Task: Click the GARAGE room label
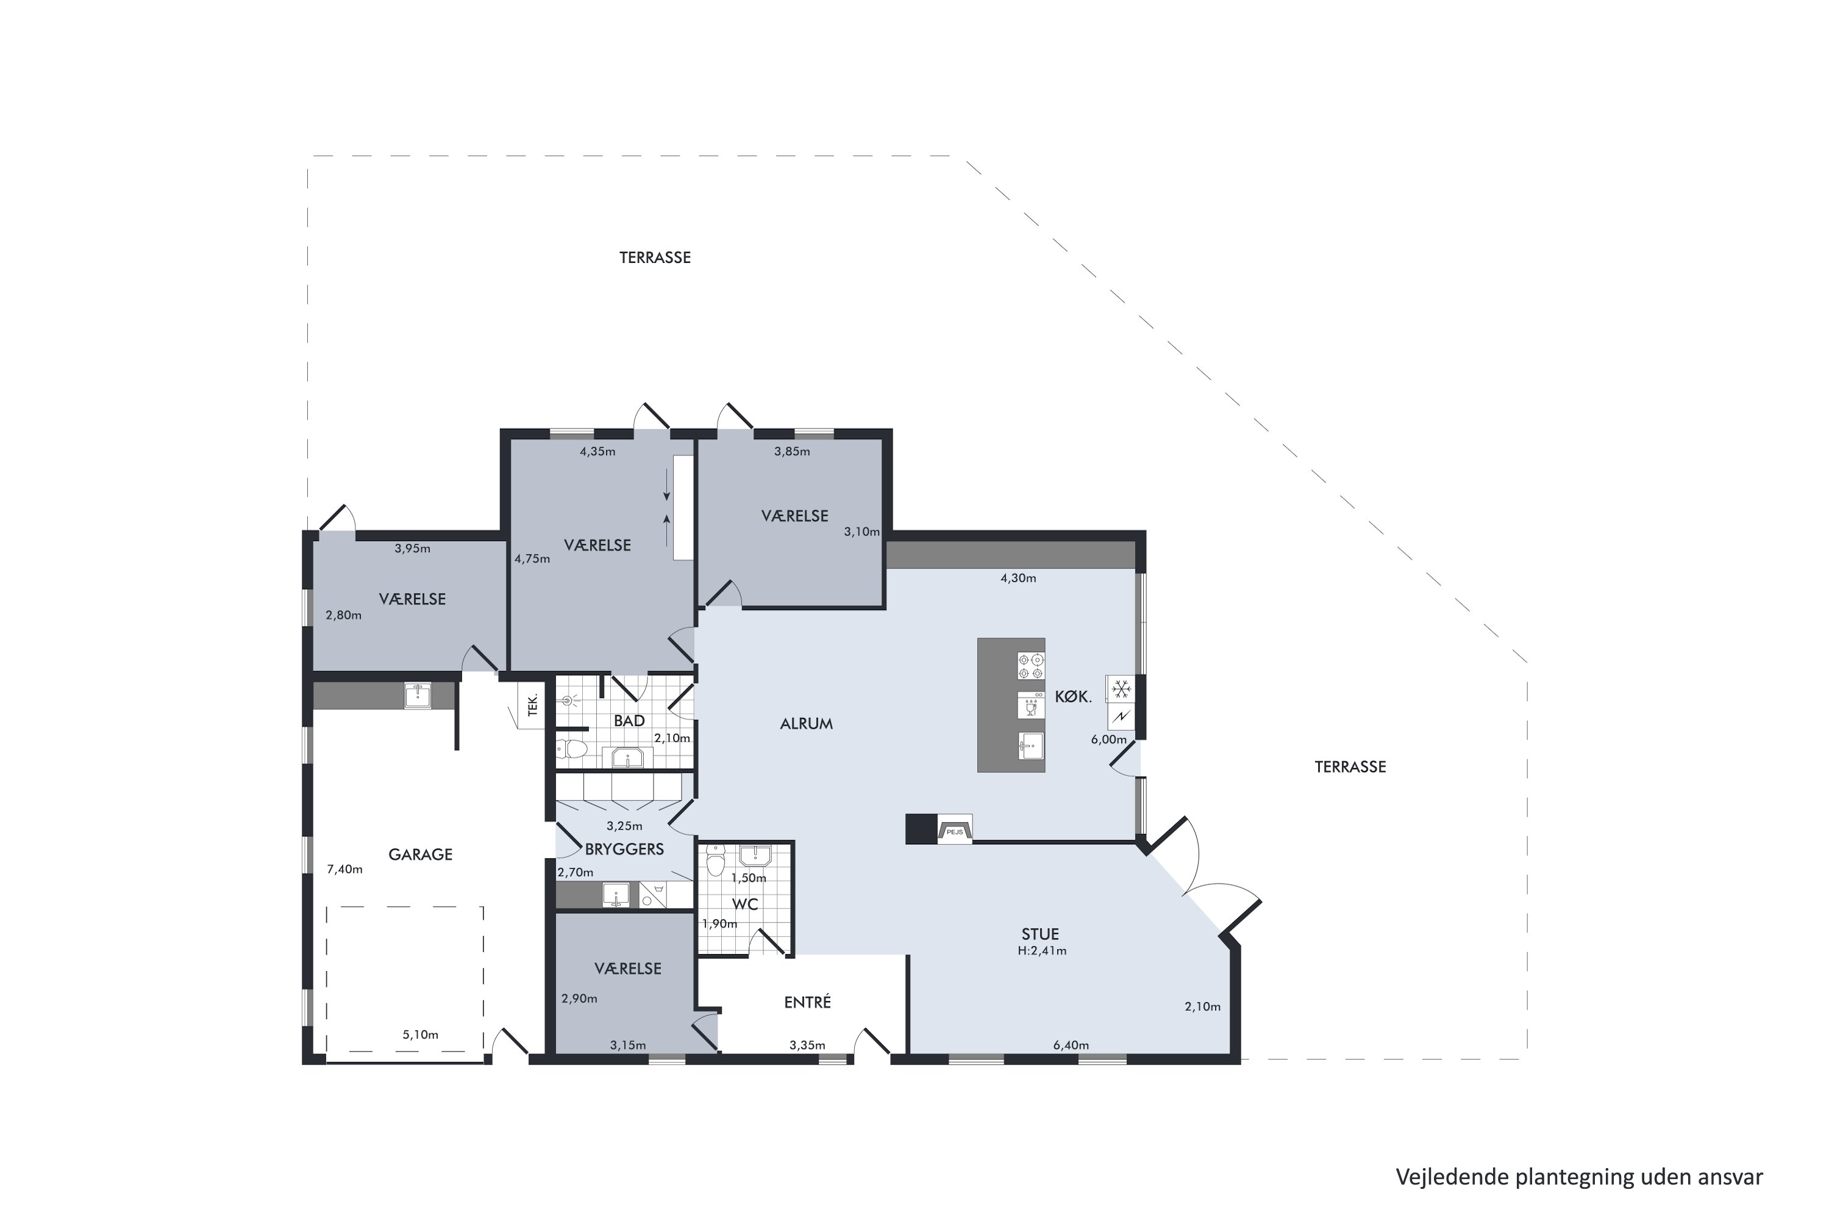pos(420,855)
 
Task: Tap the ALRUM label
pos(807,723)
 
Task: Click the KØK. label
pos(1073,697)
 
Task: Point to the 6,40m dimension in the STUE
pos(1071,1045)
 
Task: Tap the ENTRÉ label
pos(807,1002)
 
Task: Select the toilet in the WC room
pos(715,861)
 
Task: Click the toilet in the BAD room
pos(572,748)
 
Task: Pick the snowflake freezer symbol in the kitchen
pos(1121,689)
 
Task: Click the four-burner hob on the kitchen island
pos(1031,666)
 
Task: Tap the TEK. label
pos(533,705)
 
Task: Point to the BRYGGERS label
pos(624,849)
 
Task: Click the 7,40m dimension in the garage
pos(344,869)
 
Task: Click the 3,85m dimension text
pos(791,451)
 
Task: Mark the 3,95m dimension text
pos(412,548)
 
